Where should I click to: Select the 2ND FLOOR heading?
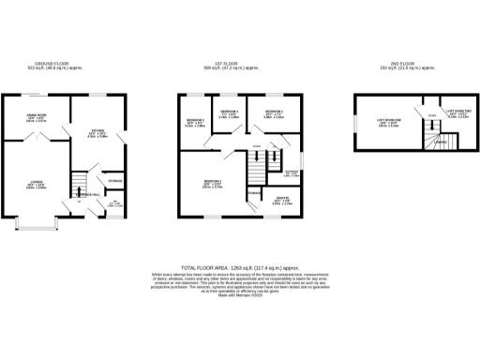[x=403, y=65]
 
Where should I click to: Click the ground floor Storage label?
[x=115, y=180]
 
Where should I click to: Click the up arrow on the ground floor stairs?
[x=79, y=201]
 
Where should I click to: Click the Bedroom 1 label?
[x=213, y=183]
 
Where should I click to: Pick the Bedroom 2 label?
[x=194, y=122]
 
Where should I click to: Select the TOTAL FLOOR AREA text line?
[x=239, y=266]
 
